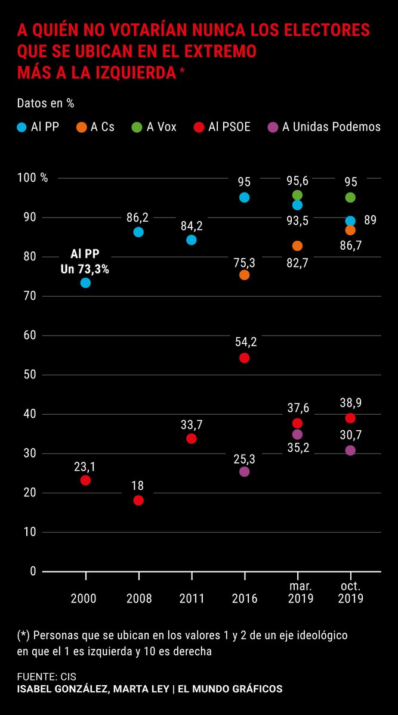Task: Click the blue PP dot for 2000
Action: pos(85,282)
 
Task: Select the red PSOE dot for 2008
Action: pos(138,500)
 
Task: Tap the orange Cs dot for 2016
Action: pos(244,275)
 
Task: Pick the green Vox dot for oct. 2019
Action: pos(350,197)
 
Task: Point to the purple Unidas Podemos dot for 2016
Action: pos(244,471)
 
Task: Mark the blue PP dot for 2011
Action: pos(192,240)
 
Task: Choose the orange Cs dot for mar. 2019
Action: pos(297,245)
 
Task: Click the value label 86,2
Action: pos(138,216)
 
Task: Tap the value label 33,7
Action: pos(192,424)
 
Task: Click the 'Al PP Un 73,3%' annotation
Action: pos(85,262)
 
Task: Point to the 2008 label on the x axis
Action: pos(138,598)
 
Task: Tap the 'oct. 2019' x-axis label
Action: pos(350,592)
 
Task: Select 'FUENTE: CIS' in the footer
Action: pos(47,677)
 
